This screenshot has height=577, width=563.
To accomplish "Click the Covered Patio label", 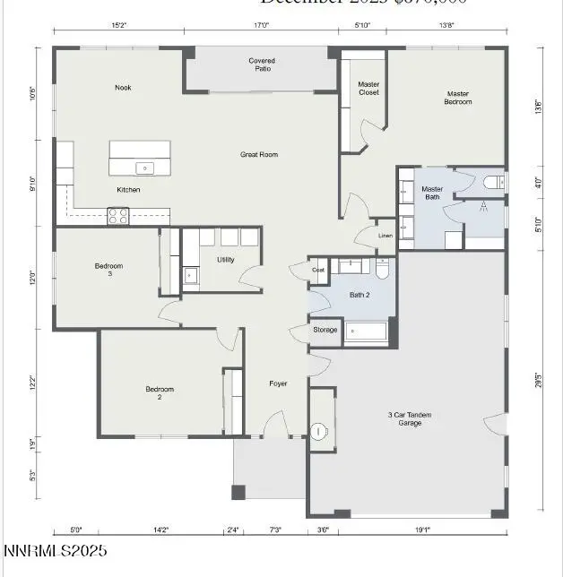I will (262, 65).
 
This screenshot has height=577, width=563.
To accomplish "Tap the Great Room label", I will (259, 155).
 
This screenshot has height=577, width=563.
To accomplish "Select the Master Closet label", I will (368, 88).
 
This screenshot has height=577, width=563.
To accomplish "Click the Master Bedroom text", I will (459, 97).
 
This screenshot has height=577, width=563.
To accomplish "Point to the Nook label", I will (123, 88).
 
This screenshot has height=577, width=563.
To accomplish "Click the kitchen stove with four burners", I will (118, 215).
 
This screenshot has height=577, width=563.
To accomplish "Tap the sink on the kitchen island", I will (143, 168).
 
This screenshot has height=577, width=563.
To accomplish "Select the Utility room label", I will (225, 260).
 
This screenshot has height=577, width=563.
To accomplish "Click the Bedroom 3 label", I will (108, 270).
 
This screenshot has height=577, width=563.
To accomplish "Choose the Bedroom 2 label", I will (160, 393).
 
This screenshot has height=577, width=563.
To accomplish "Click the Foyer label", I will (278, 383).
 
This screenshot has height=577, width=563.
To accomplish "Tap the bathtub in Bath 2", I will (365, 332).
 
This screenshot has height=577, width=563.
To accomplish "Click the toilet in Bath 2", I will (382, 267).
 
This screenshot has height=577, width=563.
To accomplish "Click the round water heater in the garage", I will (320, 432).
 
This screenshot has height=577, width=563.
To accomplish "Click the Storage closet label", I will (325, 330).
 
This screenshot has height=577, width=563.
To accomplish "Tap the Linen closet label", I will (385, 236).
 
